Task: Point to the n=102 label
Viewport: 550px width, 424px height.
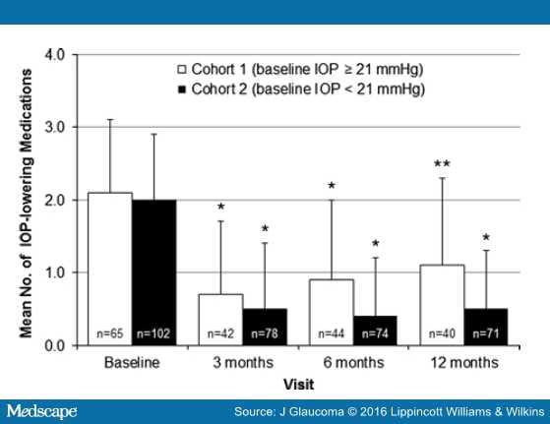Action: pos(155,334)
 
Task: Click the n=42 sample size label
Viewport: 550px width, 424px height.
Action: pos(219,334)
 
